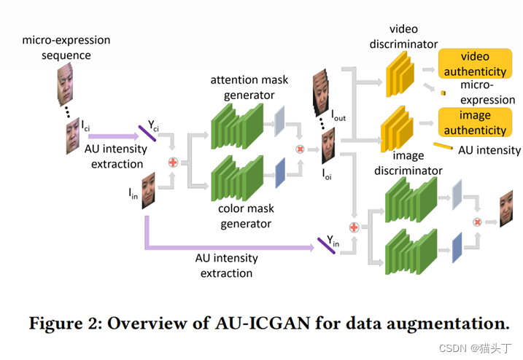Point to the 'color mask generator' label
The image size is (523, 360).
tap(247, 216)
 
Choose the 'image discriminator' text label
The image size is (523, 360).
tap(407, 164)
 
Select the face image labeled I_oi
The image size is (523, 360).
tap(329, 146)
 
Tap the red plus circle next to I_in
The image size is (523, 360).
tap(173, 161)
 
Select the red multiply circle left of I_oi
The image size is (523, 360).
tap(299, 149)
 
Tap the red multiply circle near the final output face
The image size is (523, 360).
tap(479, 222)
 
